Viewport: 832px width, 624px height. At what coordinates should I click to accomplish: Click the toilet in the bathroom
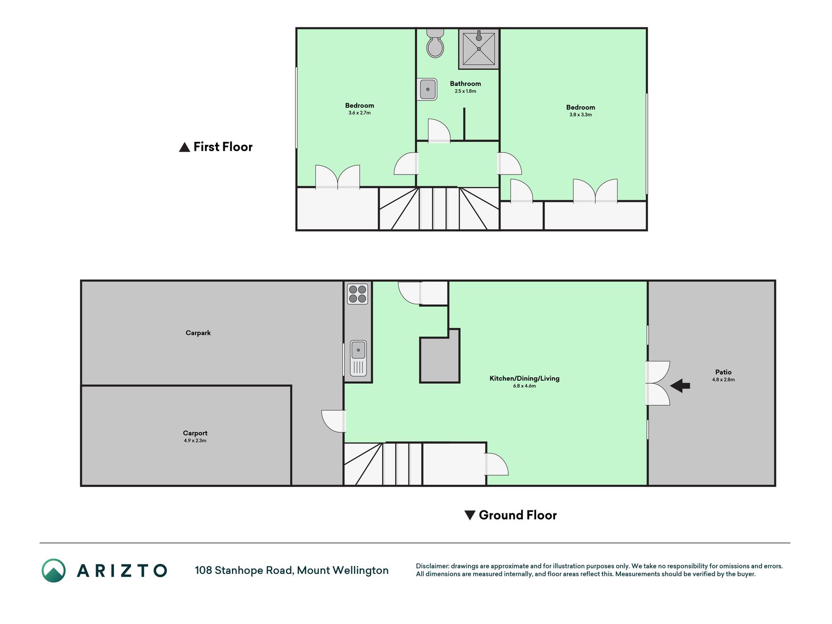click(435, 43)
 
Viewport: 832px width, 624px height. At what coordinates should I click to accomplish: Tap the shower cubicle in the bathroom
click(479, 49)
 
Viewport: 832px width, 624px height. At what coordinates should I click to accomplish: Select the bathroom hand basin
click(427, 90)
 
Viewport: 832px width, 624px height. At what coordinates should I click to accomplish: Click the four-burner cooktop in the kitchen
click(357, 294)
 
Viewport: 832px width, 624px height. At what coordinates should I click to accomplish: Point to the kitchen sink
click(358, 358)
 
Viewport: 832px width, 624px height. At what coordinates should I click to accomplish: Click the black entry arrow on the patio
click(680, 386)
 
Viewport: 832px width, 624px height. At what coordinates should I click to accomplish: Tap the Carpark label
click(198, 333)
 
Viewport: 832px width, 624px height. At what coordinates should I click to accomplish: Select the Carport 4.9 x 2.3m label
click(195, 436)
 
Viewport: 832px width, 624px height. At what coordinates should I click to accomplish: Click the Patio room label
click(723, 372)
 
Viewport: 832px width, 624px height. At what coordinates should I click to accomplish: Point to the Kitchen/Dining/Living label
click(524, 378)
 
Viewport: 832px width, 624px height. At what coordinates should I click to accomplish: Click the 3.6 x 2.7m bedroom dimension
click(360, 113)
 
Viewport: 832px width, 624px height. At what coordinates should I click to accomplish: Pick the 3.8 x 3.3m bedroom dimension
click(580, 115)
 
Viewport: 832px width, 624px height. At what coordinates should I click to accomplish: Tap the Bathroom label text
click(465, 84)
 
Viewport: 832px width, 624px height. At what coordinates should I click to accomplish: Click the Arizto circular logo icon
click(54, 570)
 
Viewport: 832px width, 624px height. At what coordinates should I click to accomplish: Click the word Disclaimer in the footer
click(432, 566)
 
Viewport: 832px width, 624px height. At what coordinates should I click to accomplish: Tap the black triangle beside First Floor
click(184, 147)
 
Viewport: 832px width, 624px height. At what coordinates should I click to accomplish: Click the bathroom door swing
click(439, 130)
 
